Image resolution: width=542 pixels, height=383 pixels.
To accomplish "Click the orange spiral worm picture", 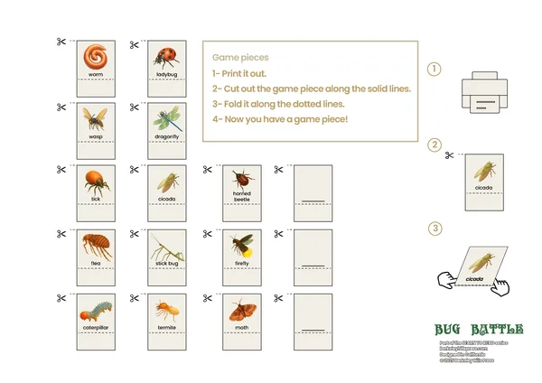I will (95, 57).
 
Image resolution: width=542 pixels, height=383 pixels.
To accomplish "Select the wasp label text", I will (95, 135).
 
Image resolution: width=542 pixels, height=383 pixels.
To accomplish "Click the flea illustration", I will (95, 246).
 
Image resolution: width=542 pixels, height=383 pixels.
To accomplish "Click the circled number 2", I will (435, 145).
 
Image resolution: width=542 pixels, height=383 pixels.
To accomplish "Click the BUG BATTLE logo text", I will (478, 330).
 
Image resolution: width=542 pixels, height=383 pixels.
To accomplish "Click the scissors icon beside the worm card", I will (61, 42).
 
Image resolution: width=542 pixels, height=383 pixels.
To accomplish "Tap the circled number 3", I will (435, 229).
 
